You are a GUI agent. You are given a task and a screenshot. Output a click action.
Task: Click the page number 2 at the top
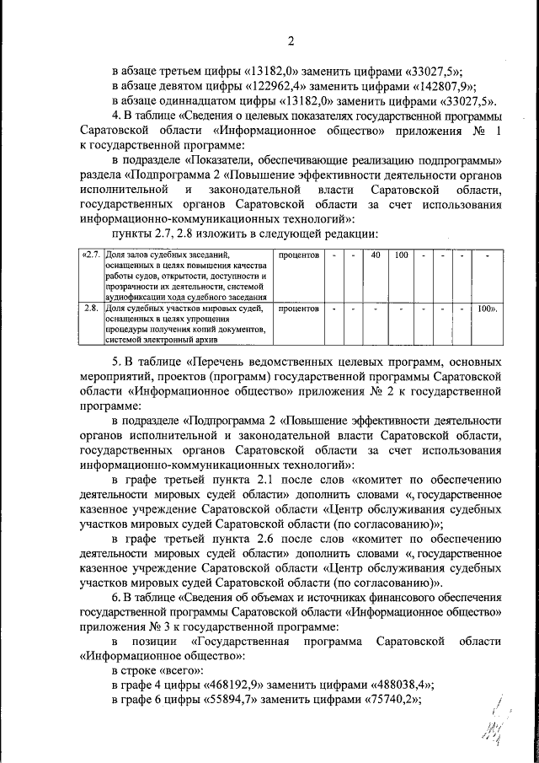291,41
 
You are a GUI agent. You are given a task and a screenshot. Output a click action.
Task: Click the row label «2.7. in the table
90,254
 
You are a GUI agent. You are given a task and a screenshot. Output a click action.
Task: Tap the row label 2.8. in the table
92,309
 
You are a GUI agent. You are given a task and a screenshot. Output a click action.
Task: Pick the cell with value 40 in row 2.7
376,254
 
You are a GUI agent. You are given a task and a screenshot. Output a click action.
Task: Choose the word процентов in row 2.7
298,254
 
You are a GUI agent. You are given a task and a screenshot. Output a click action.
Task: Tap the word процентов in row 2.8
298,309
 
